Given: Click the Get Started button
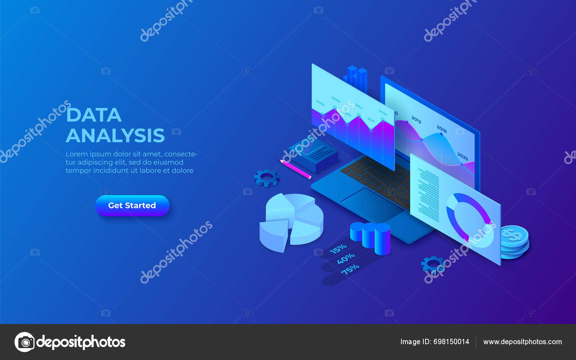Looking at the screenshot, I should [132, 206].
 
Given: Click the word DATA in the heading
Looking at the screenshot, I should [94, 115].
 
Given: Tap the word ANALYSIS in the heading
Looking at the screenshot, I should [115, 136].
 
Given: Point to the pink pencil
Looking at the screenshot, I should [296, 169].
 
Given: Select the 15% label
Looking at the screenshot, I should [338, 248].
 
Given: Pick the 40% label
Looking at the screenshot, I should [346, 258].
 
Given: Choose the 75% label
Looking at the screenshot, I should [350, 269].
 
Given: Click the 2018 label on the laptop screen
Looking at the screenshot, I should [442, 129].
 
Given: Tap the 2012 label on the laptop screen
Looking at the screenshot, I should [416, 120].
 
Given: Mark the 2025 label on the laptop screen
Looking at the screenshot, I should [463, 156].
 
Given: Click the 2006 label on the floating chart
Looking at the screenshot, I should [320, 103].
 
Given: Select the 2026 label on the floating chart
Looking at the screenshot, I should [383, 113].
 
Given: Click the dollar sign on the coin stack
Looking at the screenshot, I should [512, 235].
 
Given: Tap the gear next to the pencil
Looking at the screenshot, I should [267, 178].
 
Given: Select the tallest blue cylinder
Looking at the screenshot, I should [382, 239].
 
